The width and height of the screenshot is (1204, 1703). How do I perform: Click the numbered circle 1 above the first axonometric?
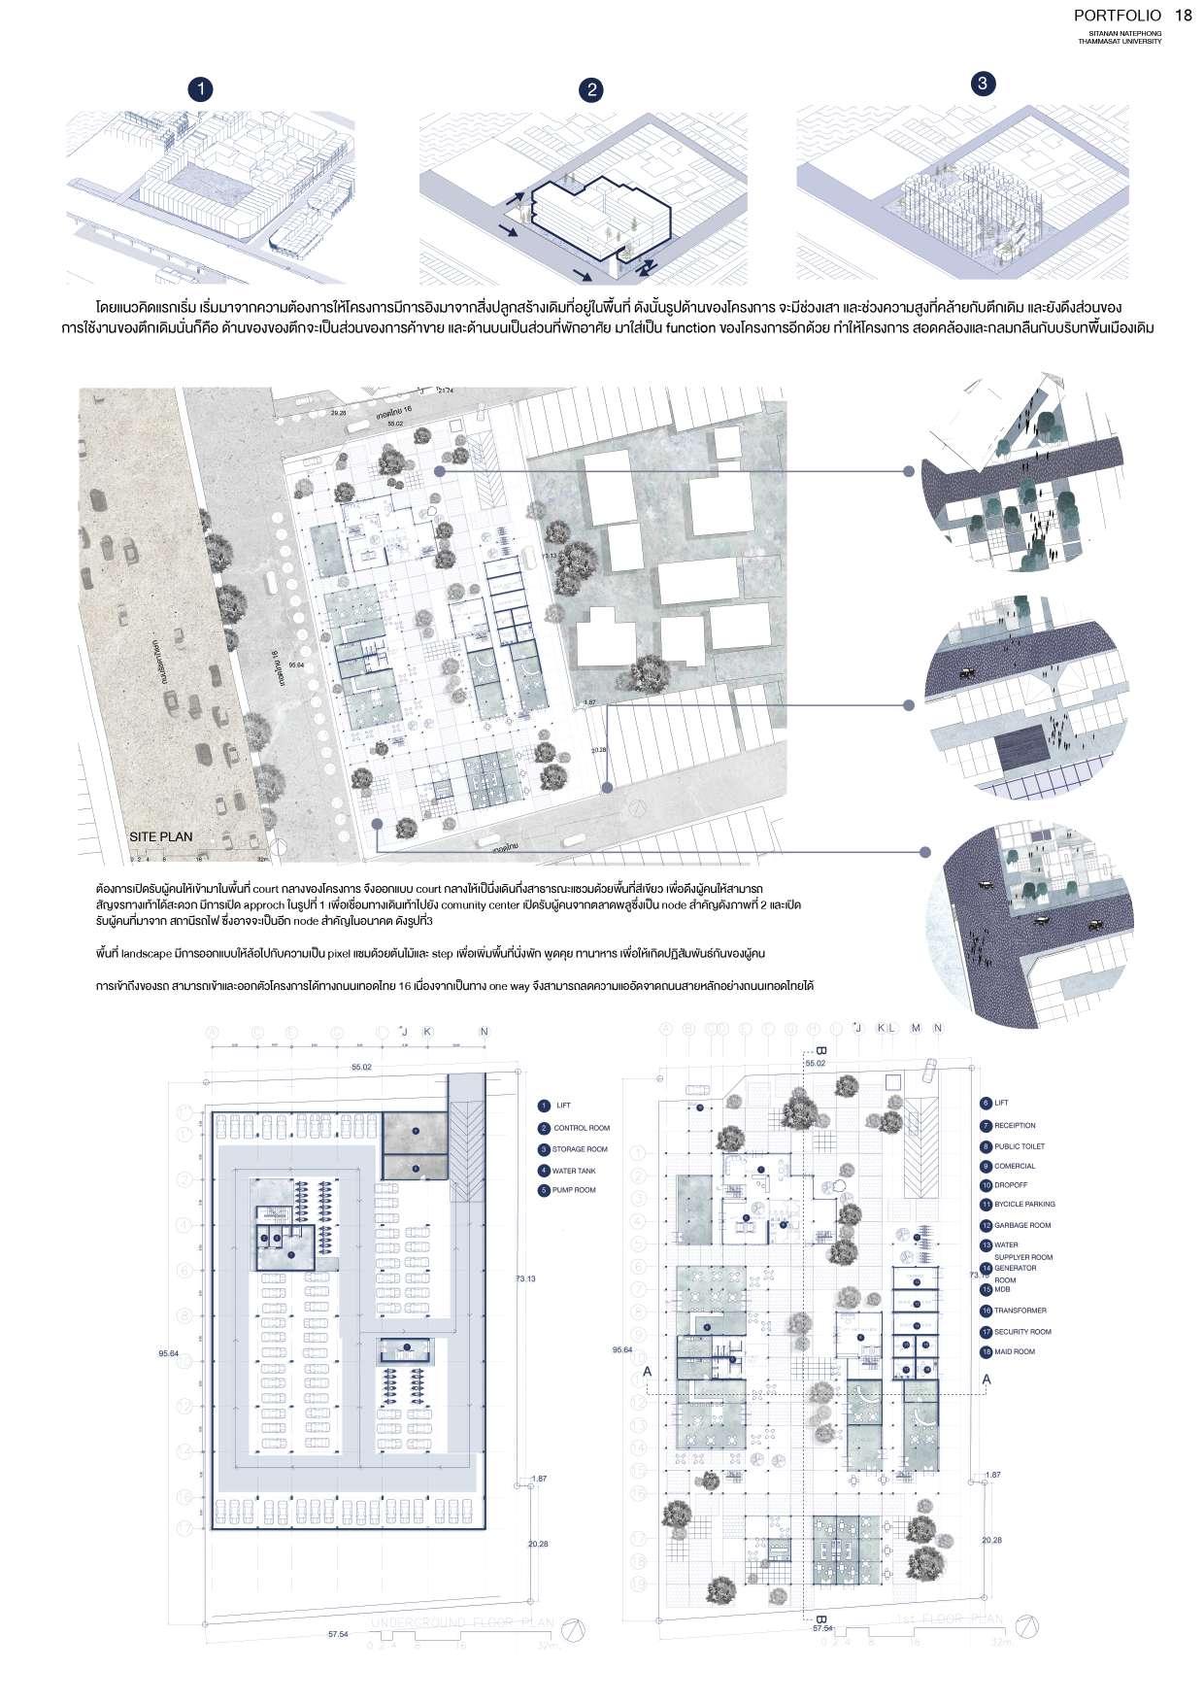(200, 89)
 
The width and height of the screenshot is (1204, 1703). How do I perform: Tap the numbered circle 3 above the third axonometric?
(983, 84)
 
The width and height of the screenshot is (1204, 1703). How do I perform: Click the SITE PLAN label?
(161, 836)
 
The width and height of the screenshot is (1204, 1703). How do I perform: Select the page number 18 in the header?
(1183, 16)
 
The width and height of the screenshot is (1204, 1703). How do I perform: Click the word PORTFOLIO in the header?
(1118, 16)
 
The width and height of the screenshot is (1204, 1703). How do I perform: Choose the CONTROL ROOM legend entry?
(581, 1128)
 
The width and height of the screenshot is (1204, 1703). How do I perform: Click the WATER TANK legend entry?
(573, 1170)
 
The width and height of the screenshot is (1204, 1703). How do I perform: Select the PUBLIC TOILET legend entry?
(1019, 1146)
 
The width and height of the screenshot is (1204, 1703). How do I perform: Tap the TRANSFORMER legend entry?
(1019, 1311)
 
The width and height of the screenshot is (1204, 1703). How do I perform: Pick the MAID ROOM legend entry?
(1014, 1351)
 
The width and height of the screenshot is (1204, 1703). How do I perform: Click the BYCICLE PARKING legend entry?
(1023, 1204)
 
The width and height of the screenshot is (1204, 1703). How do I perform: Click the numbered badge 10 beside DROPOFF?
(986, 1186)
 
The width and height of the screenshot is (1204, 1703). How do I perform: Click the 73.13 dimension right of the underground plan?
(524, 1278)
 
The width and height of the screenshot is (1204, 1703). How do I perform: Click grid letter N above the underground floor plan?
(484, 1032)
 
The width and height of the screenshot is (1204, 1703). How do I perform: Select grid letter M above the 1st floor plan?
(916, 1028)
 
